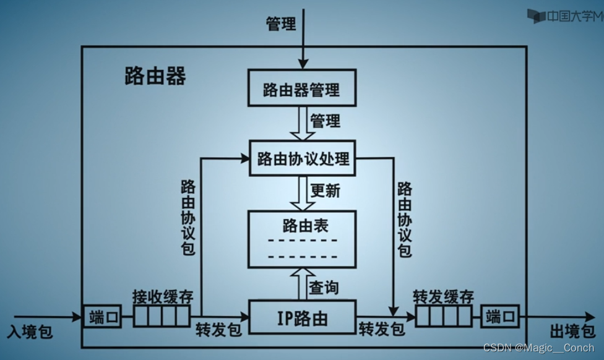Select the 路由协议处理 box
(x=303, y=159)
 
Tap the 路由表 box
(x=302, y=239)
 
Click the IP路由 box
(x=302, y=319)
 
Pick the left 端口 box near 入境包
(x=101, y=318)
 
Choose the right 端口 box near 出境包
(x=500, y=318)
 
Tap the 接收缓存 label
(x=162, y=296)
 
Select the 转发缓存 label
(x=443, y=297)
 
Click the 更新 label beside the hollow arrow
(x=325, y=191)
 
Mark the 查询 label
(x=324, y=287)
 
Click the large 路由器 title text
(x=155, y=77)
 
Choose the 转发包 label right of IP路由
(x=381, y=328)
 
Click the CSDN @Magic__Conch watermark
(x=538, y=348)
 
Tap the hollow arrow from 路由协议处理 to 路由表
(x=301, y=193)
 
